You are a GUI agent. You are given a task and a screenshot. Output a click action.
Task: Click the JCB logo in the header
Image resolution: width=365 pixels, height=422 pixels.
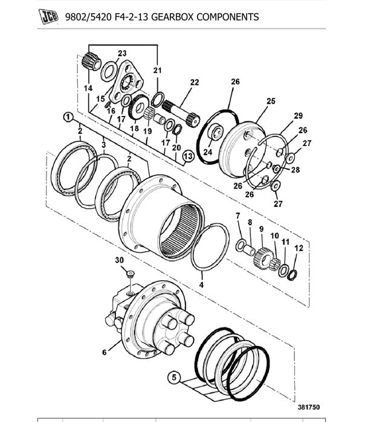(49, 16)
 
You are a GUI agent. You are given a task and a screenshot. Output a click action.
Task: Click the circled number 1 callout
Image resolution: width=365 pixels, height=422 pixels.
(68, 117)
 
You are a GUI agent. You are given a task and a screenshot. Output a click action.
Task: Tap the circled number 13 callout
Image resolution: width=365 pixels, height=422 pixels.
(189, 156)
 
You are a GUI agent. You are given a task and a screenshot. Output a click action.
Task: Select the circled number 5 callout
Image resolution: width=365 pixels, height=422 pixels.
(174, 377)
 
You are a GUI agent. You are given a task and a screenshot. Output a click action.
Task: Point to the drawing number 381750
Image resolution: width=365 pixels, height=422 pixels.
(309, 407)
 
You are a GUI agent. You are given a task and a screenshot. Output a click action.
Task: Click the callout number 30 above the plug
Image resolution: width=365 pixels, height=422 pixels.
(119, 260)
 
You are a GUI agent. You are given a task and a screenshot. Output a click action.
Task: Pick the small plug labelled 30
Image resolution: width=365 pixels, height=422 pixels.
(131, 274)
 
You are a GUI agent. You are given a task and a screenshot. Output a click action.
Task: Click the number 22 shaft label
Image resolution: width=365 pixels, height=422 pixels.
(195, 82)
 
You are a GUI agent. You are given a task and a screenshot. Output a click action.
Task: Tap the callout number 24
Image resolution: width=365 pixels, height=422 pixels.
(208, 152)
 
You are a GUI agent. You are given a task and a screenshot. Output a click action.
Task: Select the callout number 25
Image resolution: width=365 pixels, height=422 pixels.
(271, 101)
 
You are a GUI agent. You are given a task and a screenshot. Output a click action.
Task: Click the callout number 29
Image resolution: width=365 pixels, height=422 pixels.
(298, 116)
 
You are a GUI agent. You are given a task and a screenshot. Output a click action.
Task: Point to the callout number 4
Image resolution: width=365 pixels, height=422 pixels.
(201, 285)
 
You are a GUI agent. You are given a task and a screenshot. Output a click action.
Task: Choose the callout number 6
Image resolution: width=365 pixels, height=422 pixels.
(105, 352)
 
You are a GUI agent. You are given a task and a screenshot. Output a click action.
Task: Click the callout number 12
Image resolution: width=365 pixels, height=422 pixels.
(299, 248)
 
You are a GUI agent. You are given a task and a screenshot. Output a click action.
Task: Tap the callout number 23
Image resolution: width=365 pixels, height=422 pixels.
(122, 53)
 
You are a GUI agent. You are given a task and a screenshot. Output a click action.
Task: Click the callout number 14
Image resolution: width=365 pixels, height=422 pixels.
(88, 88)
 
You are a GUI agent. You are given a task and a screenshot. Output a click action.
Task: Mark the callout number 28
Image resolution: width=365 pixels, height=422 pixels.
(296, 170)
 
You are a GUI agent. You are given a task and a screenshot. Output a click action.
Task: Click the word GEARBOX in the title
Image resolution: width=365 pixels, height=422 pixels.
(172, 17)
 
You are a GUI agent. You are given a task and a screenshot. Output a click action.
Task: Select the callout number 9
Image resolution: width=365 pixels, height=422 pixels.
(261, 229)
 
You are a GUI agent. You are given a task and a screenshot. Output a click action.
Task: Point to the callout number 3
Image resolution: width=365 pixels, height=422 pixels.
(104, 144)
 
